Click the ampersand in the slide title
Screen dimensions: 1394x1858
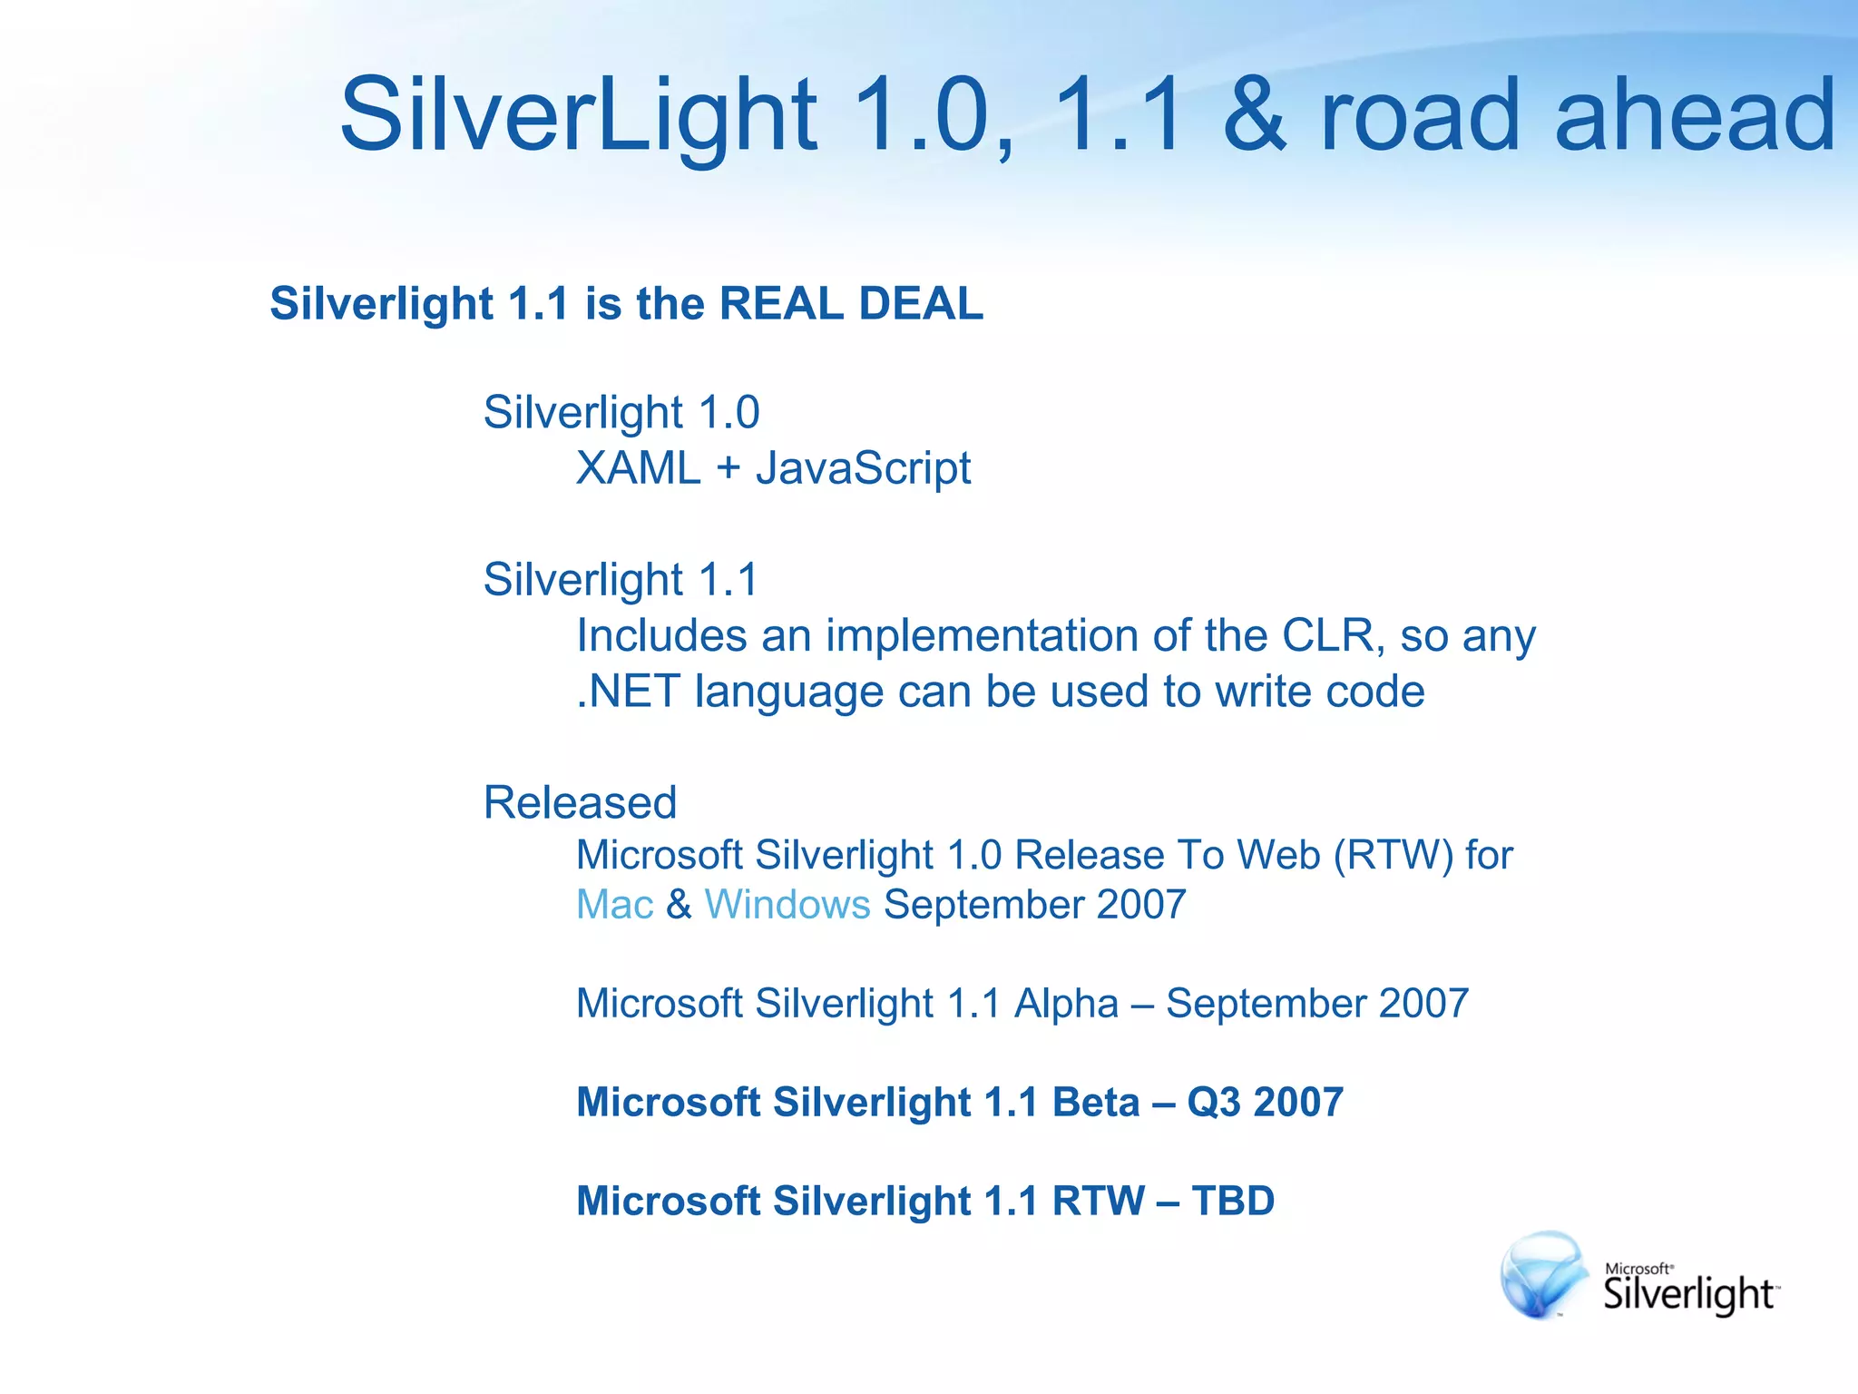coord(1254,115)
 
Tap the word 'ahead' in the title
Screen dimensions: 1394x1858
coord(1695,115)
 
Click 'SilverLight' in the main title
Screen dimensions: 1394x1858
coord(578,115)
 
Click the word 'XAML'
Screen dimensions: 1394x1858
coord(638,469)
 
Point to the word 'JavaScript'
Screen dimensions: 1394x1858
coord(863,469)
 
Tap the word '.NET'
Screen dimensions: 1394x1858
coord(628,692)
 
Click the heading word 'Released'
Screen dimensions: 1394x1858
coord(580,803)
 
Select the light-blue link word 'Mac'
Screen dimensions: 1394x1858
coord(614,905)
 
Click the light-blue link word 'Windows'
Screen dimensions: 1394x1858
coord(787,905)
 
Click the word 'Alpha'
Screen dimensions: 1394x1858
coord(1066,1004)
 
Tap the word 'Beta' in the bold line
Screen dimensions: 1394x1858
coord(1095,1103)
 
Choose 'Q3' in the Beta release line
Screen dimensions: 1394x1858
coord(1214,1103)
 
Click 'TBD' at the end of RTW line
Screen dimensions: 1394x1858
coord(1232,1202)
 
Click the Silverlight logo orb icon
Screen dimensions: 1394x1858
coord(1542,1275)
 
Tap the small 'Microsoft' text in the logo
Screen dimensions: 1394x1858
coord(1638,1269)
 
